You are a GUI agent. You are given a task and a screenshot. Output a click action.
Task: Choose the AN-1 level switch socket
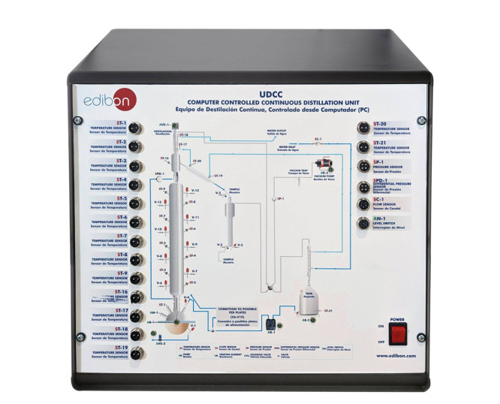[x=363, y=225]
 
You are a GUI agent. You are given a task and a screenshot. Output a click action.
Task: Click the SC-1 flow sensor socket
[x=363, y=205]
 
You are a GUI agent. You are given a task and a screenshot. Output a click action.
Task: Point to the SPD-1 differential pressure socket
[x=363, y=185]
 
